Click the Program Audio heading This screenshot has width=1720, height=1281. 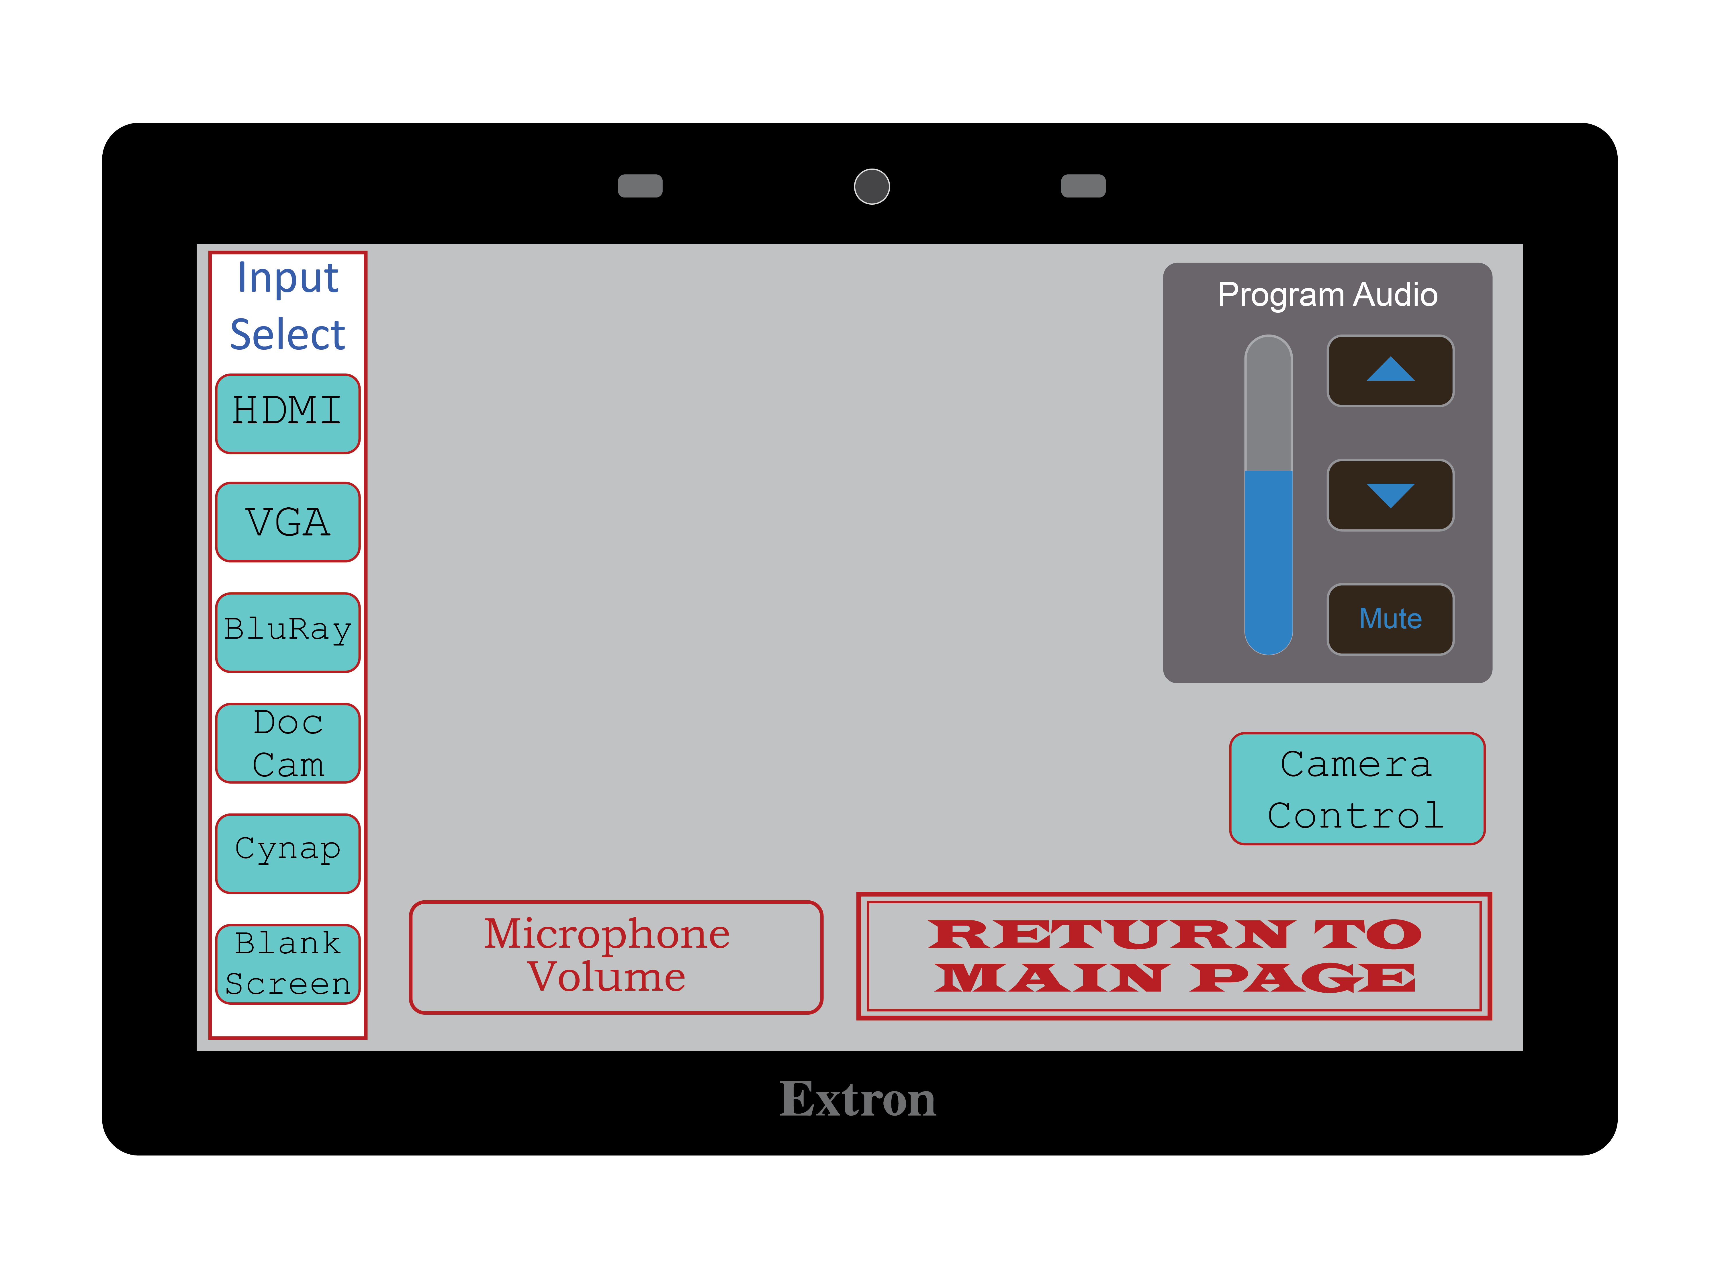coord(1327,295)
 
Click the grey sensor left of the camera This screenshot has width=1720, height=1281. coord(640,186)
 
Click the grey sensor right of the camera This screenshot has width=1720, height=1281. coord(1083,186)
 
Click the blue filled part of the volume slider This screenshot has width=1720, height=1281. coord(1268,558)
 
